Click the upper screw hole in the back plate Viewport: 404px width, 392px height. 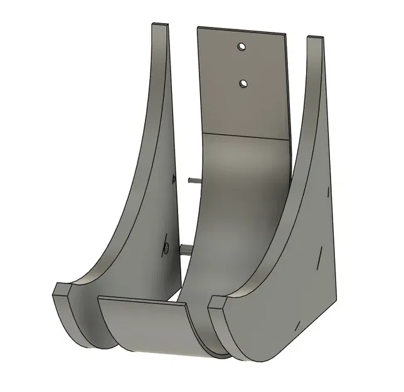click(x=241, y=46)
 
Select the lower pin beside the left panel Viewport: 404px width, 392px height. click(x=186, y=250)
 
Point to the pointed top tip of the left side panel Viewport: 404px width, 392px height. click(x=161, y=26)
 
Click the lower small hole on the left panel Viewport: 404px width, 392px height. click(x=166, y=245)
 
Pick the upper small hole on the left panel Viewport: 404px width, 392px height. click(x=174, y=179)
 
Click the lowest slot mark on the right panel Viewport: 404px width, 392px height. click(x=296, y=326)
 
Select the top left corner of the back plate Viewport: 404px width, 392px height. click(x=198, y=28)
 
